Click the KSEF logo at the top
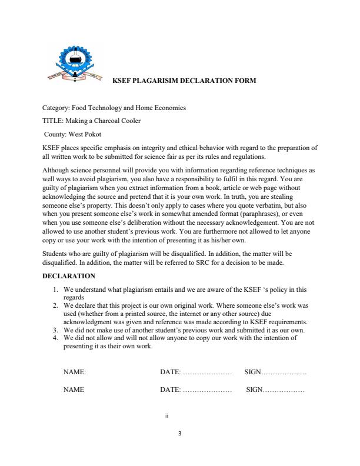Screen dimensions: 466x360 (x=71, y=64)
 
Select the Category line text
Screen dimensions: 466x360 (x=114, y=108)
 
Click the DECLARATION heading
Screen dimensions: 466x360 (x=69, y=275)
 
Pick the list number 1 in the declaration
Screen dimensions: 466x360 (x=55, y=289)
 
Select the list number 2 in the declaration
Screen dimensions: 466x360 (x=55, y=306)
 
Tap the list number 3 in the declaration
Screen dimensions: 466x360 (x=55, y=331)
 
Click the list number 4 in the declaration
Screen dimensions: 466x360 (x=55, y=338)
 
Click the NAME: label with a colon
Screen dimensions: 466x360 (x=75, y=372)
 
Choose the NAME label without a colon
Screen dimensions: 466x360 (x=74, y=390)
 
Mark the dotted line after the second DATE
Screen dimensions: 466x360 (x=208, y=390)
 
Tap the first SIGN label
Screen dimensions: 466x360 (x=252, y=372)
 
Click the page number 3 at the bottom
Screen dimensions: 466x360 (x=179, y=434)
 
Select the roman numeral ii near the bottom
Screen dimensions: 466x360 (x=167, y=415)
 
